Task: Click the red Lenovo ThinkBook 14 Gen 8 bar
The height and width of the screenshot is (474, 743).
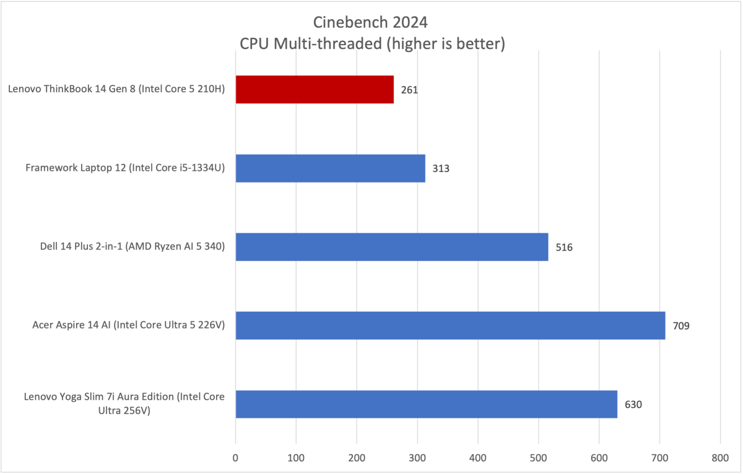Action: [x=315, y=89]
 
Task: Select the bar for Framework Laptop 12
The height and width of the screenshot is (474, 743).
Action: [x=330, y=168]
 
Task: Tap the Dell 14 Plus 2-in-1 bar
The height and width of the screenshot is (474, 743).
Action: [x=391, y=247]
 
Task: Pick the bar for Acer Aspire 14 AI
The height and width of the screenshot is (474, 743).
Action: [x=450, y=325]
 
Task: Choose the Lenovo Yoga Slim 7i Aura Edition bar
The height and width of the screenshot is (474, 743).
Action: [x=426, y=404]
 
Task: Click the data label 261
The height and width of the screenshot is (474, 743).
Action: [x=409, y=90]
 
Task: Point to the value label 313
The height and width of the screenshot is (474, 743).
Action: [x=441, y=168]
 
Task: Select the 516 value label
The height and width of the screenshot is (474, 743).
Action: [x=564, y=248]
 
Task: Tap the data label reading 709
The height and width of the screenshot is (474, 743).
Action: [x=681, y=326]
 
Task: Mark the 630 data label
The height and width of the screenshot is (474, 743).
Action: [x=633, y=405]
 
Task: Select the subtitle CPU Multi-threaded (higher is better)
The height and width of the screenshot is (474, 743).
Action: [x=370, y=45]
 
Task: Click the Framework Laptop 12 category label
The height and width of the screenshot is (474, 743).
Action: [x=126, y=168]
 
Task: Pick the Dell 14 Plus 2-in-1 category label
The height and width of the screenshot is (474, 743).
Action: [x=123, y=247]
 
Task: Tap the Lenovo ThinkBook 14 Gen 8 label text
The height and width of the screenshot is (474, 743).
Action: [x=116, y=90]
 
